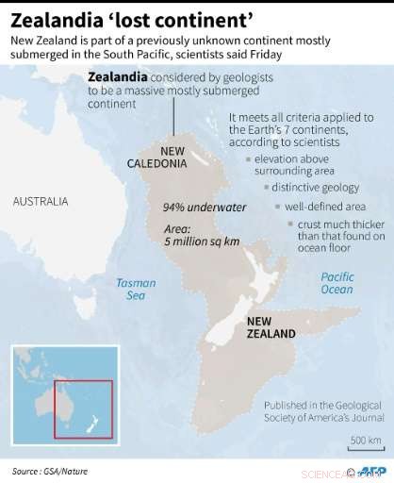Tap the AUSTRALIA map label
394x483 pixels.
pos(41,202)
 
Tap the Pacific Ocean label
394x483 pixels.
pos(337,283)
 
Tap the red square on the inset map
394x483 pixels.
pos(83,408)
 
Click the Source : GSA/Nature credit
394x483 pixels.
pos(45,469)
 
